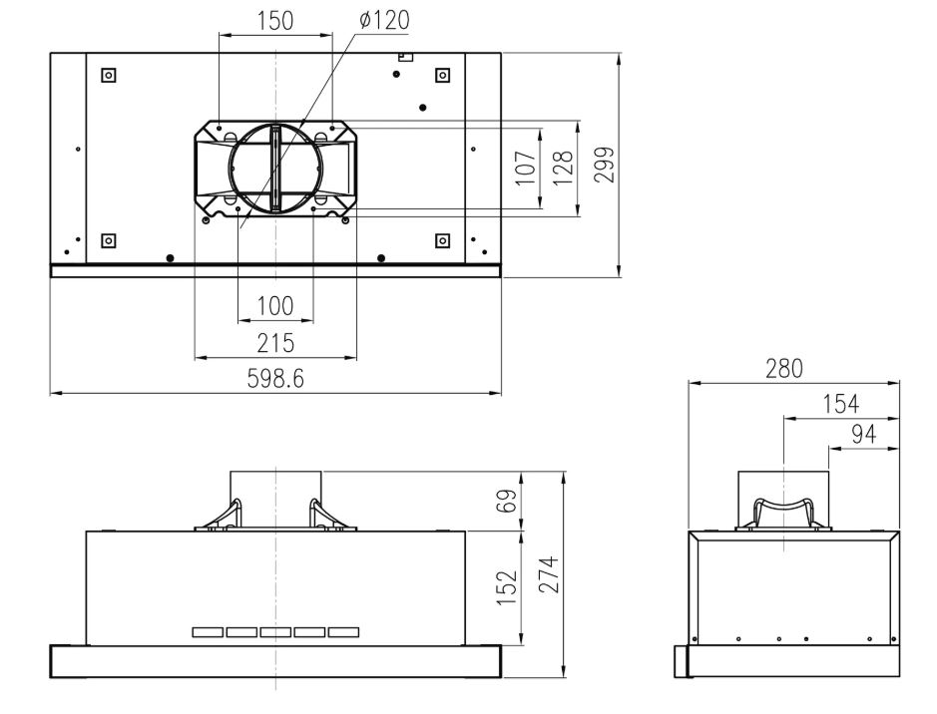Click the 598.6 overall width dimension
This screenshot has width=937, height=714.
(x=275, y=379)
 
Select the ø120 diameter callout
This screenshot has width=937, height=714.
(x=384, y=21)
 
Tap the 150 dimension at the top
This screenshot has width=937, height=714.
(x=275, y=21)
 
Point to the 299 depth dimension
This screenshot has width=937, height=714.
(x=604, y=165)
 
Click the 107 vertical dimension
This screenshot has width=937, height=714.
(x=526, y=168)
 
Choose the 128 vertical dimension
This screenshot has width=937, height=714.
(x=563, y=168)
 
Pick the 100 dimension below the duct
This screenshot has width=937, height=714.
(x=275, y=306)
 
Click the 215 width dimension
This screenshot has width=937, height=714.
(x=275, y=343)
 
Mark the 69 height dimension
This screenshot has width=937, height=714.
(x=507, y=502)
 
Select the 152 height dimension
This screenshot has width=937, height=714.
(x=507, y=587)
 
